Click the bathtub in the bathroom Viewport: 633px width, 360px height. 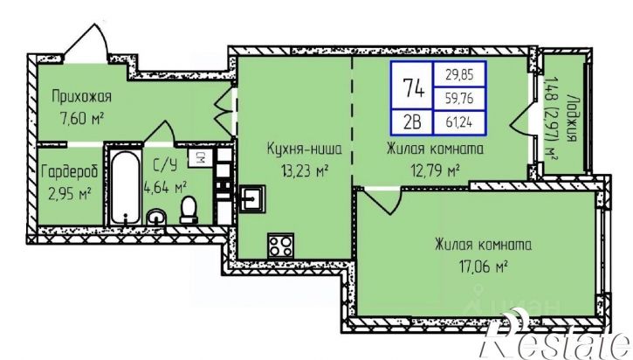(126, 188)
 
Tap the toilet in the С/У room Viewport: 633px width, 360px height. (189, 210)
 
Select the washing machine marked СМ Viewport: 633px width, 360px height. (200, 158)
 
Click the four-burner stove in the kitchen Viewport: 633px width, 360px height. (280, 245)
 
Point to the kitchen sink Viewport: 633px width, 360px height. (252, 198)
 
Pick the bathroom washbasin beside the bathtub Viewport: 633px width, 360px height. (155, 217)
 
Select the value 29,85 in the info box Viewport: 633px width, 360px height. (459, 75)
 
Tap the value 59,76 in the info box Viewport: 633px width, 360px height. (459, 98)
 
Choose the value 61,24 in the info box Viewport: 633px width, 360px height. (459, 121)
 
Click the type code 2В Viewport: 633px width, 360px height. (412, 121)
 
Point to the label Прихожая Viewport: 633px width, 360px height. (81, 97)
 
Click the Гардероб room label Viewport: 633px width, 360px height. (70, 172)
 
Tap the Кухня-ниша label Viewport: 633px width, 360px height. (305, 149)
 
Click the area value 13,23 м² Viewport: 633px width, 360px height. (304, 171)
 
